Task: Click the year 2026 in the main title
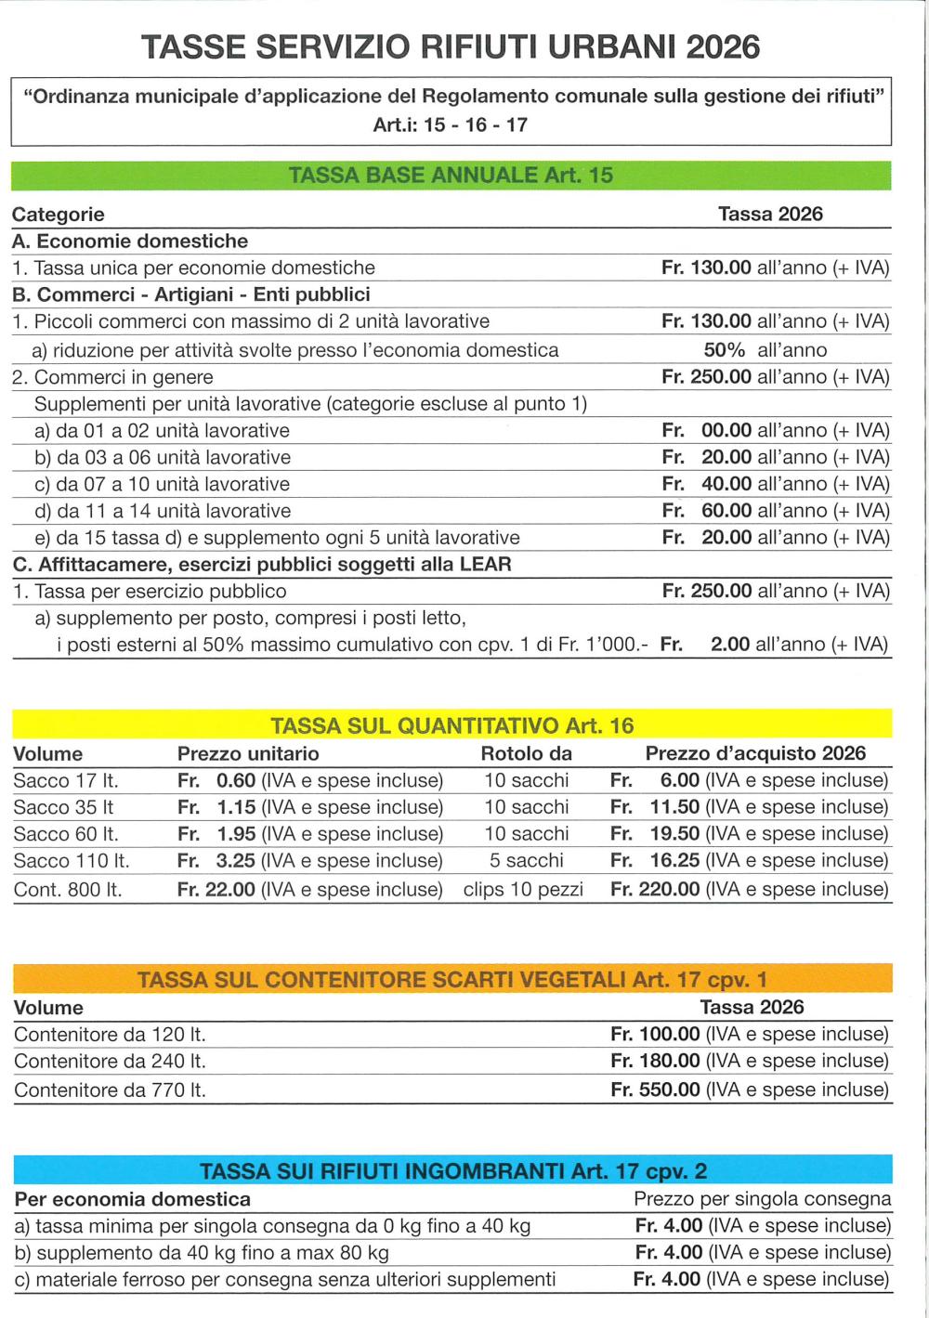(x=723, y=46)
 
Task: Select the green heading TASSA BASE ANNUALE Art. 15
(x=451, y=175)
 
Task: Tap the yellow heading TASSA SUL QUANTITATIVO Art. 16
(x=451, y=725)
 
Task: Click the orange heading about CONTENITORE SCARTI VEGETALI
(x=451, y=980)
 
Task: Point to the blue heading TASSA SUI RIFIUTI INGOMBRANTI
(x=452, y=1170)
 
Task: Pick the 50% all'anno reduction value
(x=765, y=350)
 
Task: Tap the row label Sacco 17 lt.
(x=66, y=780)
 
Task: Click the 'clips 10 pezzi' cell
(x=523, y=889)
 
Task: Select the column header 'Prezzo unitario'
(x=248, y=753)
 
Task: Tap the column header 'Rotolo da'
(x=526, y=753)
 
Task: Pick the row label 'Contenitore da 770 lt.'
(x=110, y=1090)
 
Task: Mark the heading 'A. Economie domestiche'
(x=130, y=241)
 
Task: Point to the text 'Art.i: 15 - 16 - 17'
(x=451, y=124)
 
